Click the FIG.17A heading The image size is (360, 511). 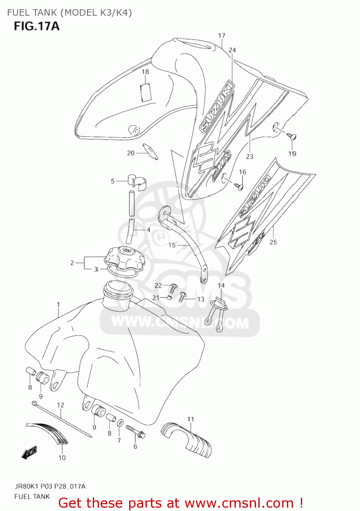pyautogui.click(x=37, y=26)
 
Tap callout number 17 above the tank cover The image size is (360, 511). pyautogui.click(x=222, y=36)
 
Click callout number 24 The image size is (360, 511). pyautogui.click(x=232, y=50)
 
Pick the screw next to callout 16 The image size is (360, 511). pyautogui.click(x=239, y=186)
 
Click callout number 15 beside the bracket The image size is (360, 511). pyautogui.click(x=172, y=245)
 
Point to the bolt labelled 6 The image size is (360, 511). pyautogui.click(x=136, y=431)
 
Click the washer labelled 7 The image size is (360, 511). pyautogui.click(x=120, y=423)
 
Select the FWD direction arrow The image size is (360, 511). pyautogui.click(x=29, y=453)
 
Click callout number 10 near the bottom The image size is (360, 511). pyautogui.click(x=62, y=458)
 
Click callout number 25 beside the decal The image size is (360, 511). pyautogui.click(x=273, y=242)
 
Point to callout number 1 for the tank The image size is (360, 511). pyautogui.click(x=58, y=305)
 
